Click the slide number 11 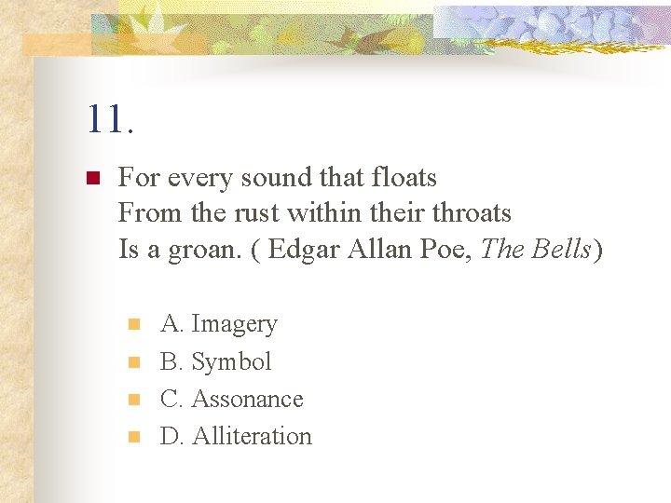point(110,119)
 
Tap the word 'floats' point(404,177)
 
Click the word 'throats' point(472,213)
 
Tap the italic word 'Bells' point(562,250)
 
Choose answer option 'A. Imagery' point(219,324)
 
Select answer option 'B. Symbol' point(215,361)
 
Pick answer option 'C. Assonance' point(232,399)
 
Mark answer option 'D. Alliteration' point(236,436)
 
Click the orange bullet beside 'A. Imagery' point(133,324)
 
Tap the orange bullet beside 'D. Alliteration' point(133,436)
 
